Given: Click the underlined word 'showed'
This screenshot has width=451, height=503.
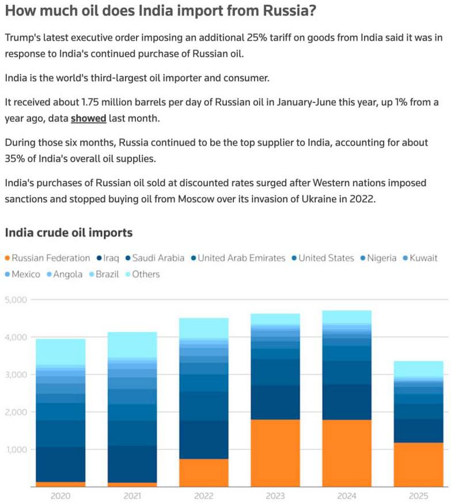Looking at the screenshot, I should pos(88,119).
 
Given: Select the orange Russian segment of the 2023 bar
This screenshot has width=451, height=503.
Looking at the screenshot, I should pos(275,453).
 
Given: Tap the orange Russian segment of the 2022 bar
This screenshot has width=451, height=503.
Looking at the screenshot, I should pos(203,472).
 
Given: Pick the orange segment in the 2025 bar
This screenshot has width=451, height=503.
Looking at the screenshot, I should pos(418,464).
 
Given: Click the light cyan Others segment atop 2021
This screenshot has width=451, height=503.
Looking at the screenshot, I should pos(132,345).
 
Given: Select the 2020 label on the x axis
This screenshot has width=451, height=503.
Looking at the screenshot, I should pos(60,495).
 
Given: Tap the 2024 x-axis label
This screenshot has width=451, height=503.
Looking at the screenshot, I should pos(347,495).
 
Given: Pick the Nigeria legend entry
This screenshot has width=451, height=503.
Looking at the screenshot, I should pos(381,258).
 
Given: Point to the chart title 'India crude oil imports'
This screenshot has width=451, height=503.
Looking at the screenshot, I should pos(69,233).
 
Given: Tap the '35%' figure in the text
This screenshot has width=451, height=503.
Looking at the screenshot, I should pos(15,158).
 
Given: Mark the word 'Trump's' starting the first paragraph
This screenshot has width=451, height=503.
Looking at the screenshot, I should pos(21,37).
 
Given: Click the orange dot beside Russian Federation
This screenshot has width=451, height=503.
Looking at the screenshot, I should pos(7,258).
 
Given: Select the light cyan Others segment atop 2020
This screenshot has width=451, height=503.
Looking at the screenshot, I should pos(60,351).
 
